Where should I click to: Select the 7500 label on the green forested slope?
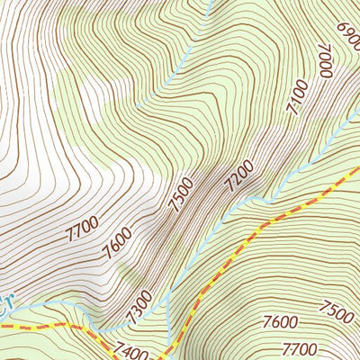coord(337,311)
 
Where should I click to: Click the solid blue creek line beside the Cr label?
coord(36,307)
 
